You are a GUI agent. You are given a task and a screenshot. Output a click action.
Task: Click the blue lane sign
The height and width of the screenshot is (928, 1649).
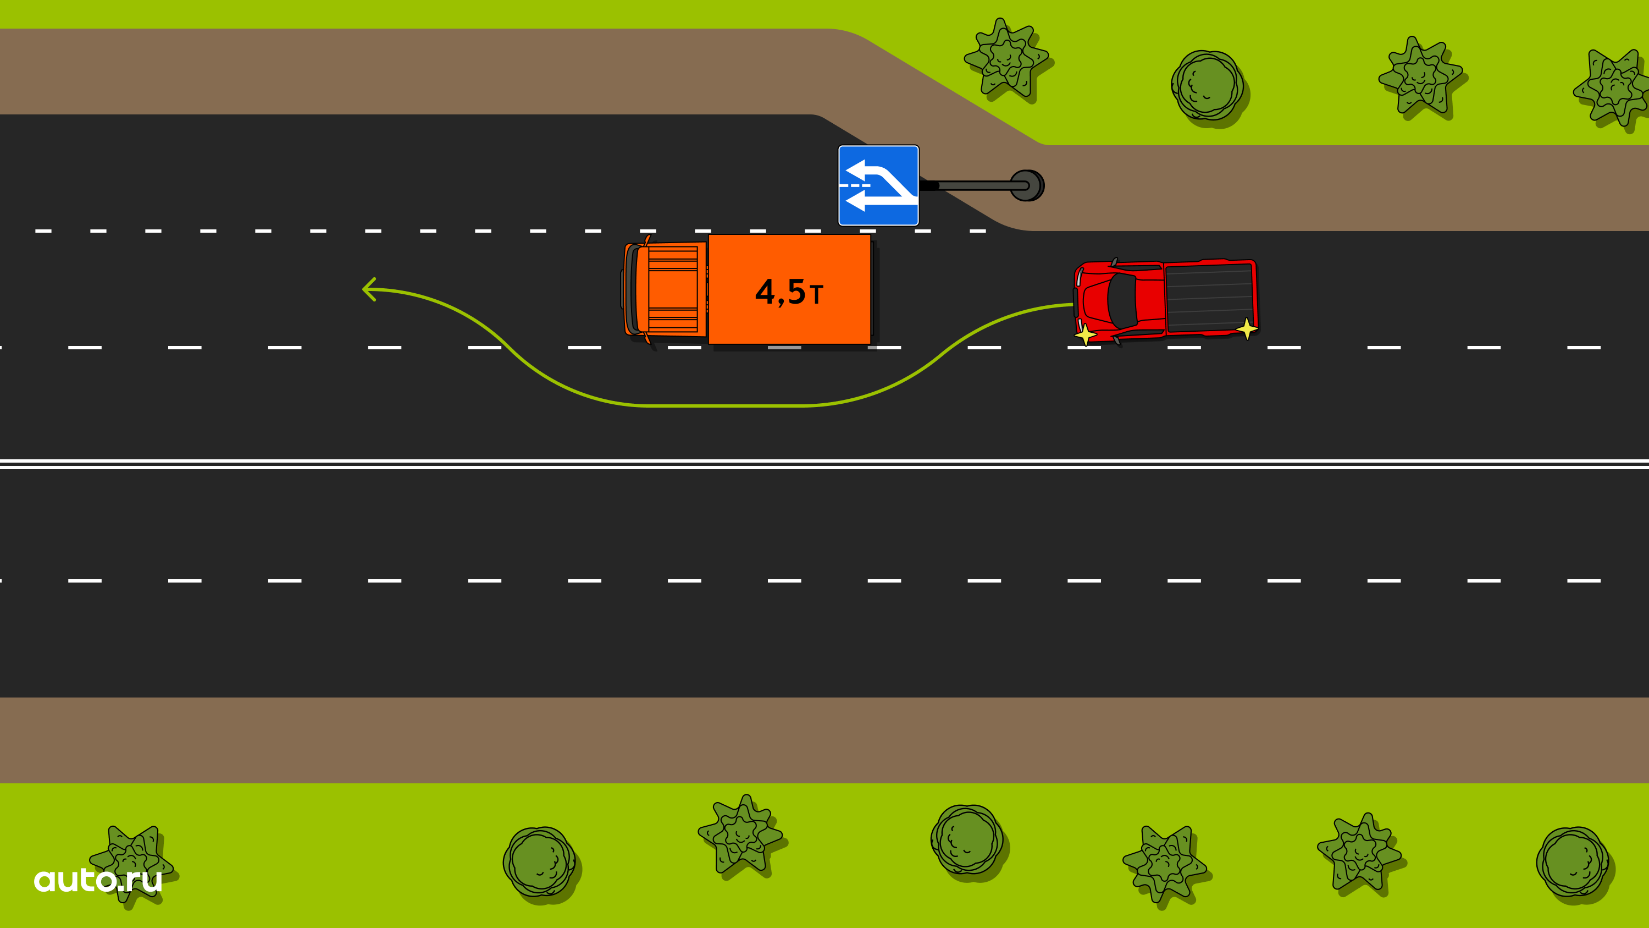(x=878, y=185)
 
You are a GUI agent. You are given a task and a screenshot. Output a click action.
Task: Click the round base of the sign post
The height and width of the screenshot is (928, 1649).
(x=1027, y=186)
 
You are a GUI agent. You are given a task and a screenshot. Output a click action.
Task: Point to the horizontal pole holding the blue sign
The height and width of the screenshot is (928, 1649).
(x=973, y=186)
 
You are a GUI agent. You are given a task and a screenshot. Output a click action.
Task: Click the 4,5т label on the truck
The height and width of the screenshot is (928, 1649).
(x=789, y=292)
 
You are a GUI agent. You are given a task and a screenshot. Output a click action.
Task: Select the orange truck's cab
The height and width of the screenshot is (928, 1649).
(x=664, y=289)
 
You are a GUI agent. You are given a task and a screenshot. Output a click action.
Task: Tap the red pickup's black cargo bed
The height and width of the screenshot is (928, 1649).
(x=1209, y=298)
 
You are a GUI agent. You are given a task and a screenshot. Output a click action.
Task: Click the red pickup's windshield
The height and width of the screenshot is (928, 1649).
(x=1121, y=300)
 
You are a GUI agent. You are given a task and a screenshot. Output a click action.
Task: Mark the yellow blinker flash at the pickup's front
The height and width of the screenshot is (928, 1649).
(x=1086, y=334)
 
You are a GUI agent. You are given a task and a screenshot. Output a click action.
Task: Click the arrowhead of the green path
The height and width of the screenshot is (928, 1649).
(x=369, y=289)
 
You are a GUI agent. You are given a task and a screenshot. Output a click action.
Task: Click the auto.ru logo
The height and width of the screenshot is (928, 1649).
(x=98, y=880)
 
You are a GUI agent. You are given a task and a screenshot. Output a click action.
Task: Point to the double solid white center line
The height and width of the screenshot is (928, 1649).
(x=824, y=464)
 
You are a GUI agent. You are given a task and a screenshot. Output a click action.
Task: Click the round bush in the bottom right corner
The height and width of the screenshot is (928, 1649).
(x=1575, y=863)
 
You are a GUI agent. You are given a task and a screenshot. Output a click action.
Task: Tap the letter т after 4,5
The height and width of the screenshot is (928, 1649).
(x=816, y=295)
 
